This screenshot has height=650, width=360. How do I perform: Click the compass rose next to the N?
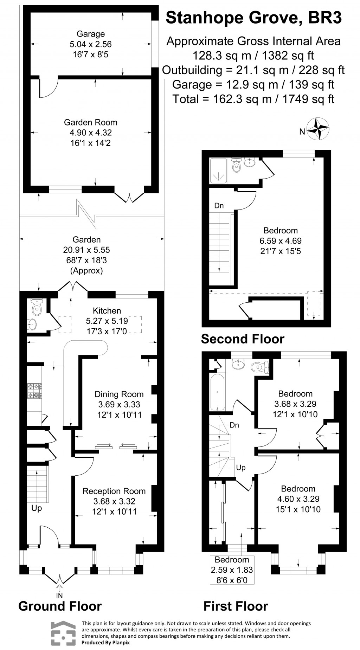318,129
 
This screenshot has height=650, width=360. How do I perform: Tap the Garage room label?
91,34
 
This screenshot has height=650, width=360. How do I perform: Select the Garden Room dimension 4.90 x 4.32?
91,133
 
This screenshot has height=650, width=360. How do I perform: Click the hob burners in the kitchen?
34,391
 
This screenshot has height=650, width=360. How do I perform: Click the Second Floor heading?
243,339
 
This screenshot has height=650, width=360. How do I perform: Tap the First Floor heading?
236,606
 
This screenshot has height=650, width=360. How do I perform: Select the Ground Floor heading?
60,606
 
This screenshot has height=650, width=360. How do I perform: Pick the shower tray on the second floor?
219,170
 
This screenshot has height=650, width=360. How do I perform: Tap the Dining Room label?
119,394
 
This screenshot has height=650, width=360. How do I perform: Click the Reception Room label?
114,491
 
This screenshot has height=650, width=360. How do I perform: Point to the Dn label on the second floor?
219,206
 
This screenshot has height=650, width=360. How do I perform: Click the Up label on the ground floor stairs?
37,508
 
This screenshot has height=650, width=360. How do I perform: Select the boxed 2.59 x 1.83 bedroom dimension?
232,570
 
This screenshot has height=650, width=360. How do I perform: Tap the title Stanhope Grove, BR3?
253,18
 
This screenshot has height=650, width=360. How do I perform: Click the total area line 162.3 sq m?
253,99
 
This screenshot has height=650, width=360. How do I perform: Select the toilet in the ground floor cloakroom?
37,308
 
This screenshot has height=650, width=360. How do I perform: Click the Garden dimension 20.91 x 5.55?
86,250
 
